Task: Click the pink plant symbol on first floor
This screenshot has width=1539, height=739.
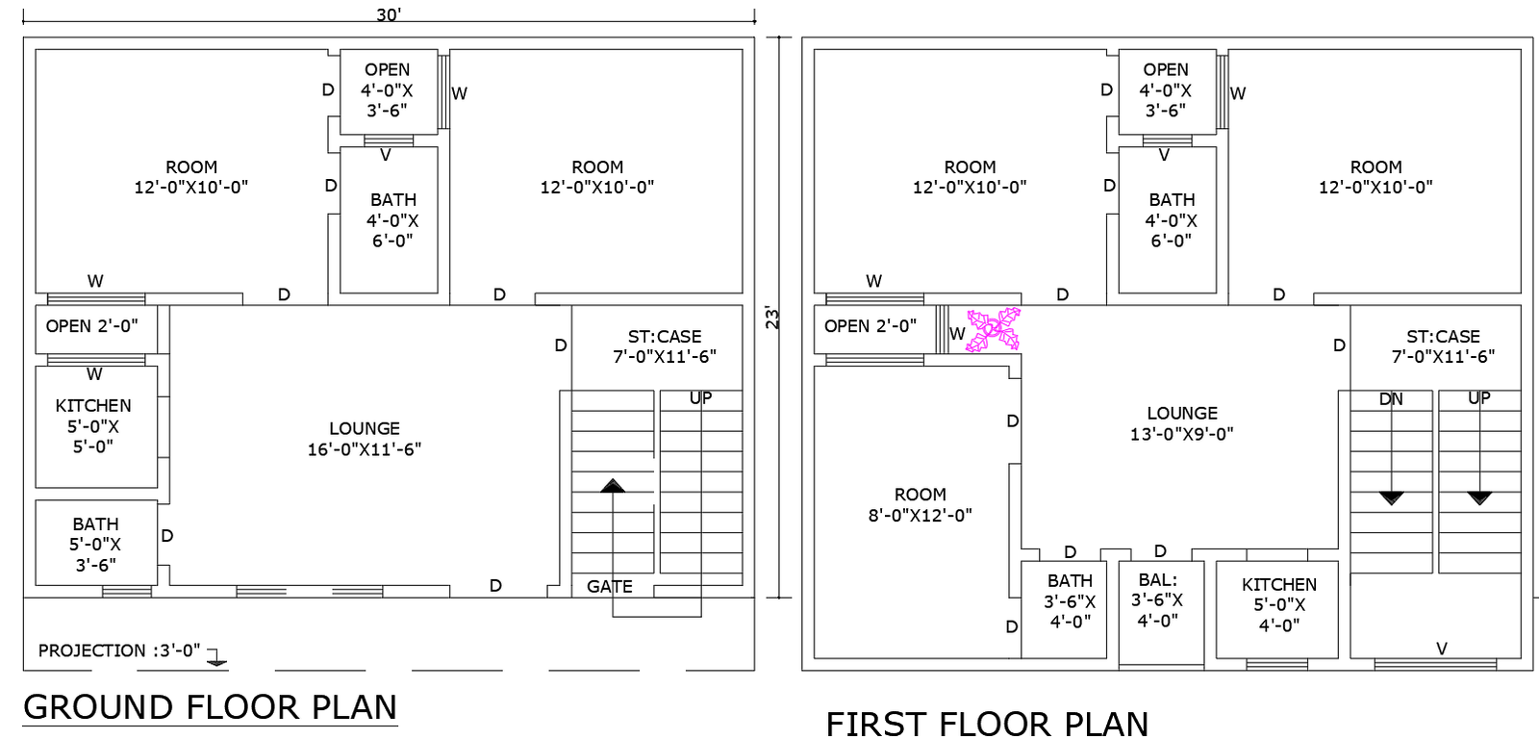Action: [994, 330]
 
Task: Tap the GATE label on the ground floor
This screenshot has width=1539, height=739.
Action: [609, 586]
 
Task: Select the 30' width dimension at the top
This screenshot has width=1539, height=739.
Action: [389, 14]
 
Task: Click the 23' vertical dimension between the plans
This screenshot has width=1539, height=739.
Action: [772, 318]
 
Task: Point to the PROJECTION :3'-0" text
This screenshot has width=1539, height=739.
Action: [119, 650]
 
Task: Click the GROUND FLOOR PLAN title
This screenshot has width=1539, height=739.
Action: [210, 707]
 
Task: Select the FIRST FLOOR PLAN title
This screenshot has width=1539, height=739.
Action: [987, 724]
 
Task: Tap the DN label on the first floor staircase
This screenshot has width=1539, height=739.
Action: [1391, 398]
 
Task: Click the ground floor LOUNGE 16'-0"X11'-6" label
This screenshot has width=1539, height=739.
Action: [364, 439]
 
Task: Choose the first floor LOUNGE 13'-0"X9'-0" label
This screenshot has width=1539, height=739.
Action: [1181, 423]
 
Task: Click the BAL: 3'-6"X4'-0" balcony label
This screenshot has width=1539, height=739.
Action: [1157, 600]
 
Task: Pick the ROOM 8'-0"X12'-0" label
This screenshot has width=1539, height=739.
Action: [920, 505]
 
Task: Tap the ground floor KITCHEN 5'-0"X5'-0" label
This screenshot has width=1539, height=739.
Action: [93, 426]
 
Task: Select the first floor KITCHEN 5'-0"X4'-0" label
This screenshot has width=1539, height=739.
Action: [1278, 604]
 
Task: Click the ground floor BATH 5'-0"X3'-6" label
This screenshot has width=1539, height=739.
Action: [95, 545]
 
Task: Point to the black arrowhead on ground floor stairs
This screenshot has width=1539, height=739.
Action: [613, 486]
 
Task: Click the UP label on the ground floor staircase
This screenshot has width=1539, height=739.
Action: [700, 397]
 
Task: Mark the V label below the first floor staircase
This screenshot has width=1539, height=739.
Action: [1441, 649]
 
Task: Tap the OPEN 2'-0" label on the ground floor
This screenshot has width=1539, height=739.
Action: [91, 326]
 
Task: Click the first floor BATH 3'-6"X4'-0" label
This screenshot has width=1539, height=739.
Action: [1070, 601]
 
